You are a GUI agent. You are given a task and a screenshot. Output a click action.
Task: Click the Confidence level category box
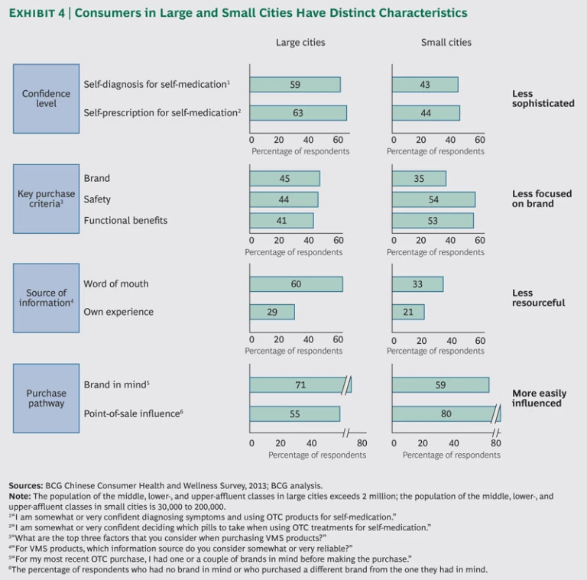click(47, 99)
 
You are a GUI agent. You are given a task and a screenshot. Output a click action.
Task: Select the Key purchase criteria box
click(47, 199)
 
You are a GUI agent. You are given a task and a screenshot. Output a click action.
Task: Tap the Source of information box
click(47, 297)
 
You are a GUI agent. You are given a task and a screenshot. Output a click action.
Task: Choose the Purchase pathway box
click(47, 398)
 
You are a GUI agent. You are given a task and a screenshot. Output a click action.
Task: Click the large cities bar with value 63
click(298, 113)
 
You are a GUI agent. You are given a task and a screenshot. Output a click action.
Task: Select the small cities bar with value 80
click(446, 414)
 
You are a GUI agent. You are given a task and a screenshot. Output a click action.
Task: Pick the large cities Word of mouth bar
click(297, 284)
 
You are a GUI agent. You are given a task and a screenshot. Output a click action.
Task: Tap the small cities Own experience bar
click(408, 312)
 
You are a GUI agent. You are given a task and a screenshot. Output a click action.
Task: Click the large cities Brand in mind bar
click(300, 385)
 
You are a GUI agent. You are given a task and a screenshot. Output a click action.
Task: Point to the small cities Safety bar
click(433, 199)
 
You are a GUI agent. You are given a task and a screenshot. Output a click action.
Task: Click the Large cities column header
click(300, 43)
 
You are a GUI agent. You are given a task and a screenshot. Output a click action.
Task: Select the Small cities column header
click(446, 43)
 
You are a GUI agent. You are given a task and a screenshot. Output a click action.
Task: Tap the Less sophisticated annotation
click(543, 99)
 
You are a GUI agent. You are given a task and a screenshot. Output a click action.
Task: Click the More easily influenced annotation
click(539, 398)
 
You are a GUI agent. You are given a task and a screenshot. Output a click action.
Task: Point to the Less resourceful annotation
click(538, 297)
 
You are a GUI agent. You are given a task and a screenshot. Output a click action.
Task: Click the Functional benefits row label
click(125, 221)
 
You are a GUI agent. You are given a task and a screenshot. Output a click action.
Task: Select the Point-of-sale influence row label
click(134, 413)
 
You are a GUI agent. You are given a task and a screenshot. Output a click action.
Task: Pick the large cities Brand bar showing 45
click(284, 179)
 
